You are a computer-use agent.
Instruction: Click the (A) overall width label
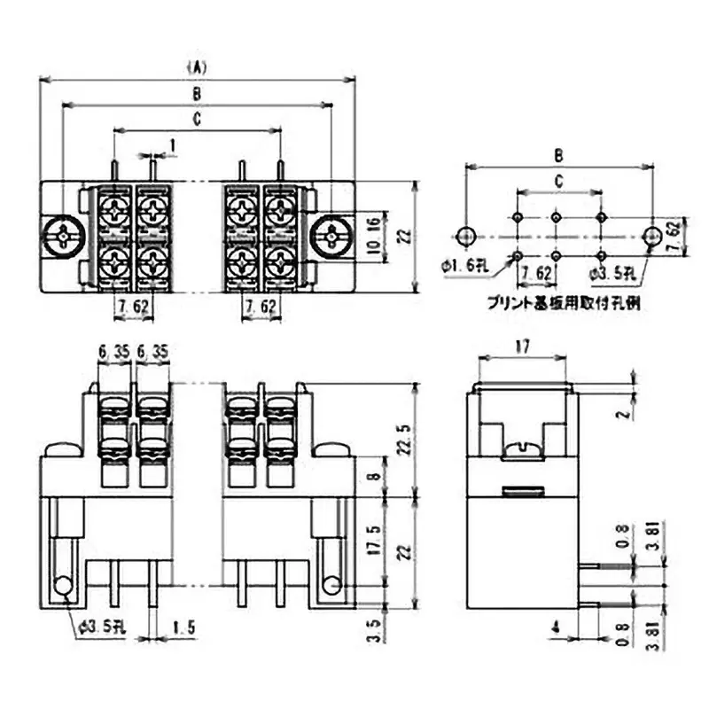pos(197,66)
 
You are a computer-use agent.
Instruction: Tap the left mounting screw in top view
pos(62,237)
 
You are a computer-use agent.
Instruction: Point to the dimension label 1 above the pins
pos(173,142)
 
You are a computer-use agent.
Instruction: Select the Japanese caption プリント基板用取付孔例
pos(565,302)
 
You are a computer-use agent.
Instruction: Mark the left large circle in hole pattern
pos(466,235)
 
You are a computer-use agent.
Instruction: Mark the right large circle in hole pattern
pos(651,235)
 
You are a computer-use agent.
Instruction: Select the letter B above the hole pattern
pos(558,154)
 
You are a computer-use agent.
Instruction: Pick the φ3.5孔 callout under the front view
pos(104,627)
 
